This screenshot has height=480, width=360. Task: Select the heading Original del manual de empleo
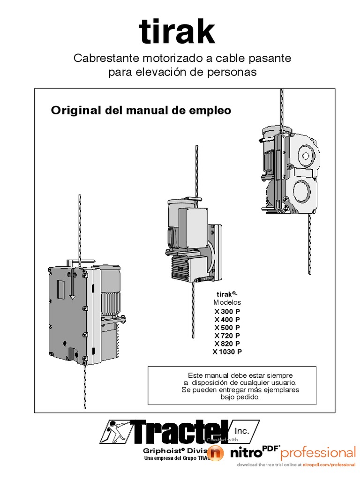coord(141,111)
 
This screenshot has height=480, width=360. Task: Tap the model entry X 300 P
coord(227,311)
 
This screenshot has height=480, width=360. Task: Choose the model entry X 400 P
coord(227,319)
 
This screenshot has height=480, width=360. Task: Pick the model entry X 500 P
coord(227,327)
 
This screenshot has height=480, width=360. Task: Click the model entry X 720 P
coord(227,336)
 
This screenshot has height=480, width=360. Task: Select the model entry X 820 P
coord(227,344)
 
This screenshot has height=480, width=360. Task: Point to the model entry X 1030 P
coord(227,352)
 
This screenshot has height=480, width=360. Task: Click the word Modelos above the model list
coord(227,302)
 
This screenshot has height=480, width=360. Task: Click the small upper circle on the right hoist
coord(305,155)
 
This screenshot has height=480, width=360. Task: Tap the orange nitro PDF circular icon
coord(215,453)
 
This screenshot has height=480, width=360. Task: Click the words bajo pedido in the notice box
coord(240,397)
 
